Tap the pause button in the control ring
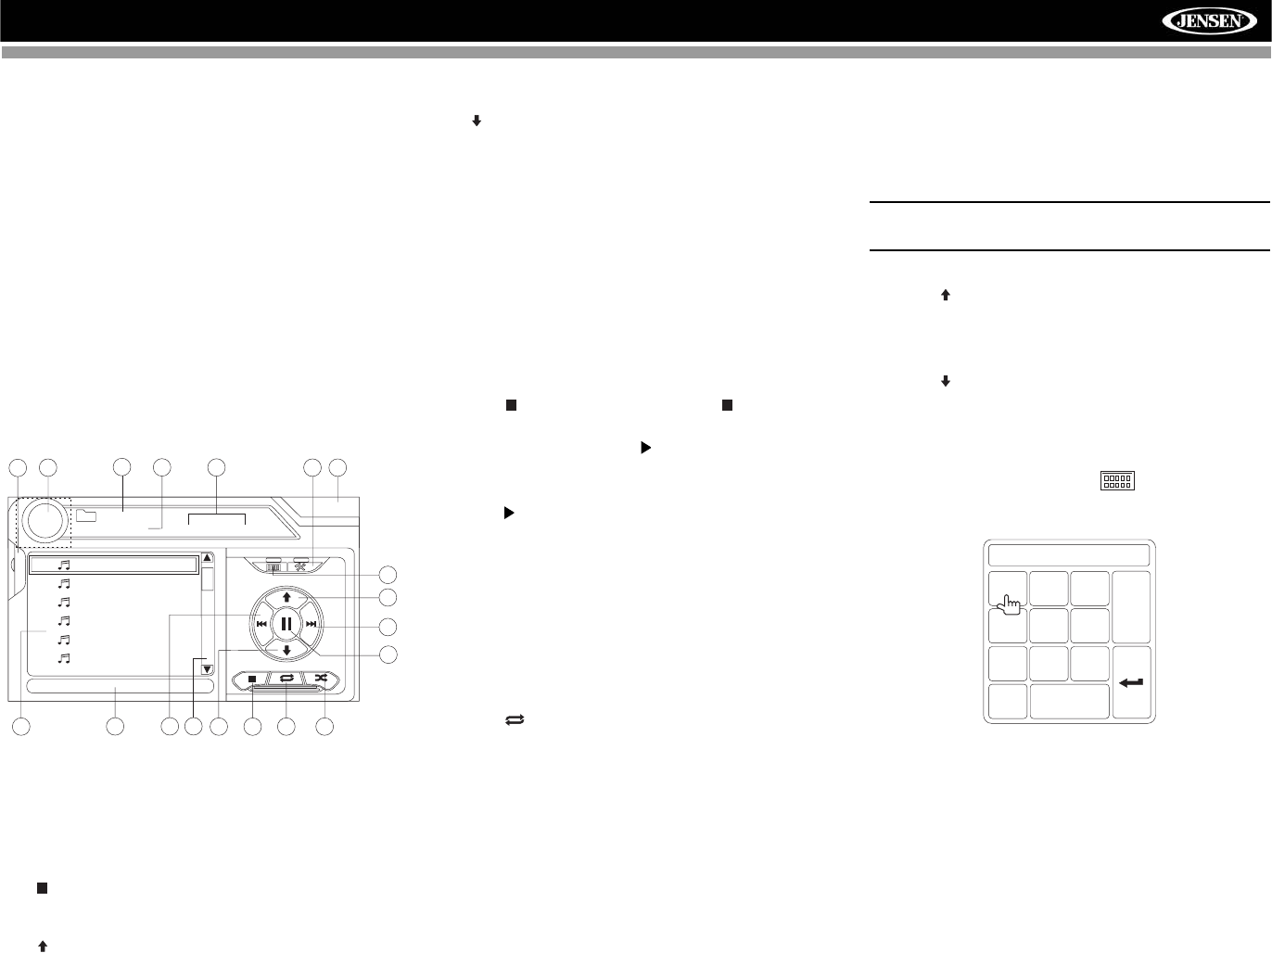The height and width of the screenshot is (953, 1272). point(286,624)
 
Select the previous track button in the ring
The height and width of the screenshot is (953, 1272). point(261,625)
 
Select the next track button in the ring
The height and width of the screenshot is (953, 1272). point(312,625)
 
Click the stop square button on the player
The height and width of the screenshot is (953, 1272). point(252,680)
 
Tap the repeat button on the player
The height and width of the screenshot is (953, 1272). point(286,680)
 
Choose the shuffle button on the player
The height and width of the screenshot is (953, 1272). point(321,680)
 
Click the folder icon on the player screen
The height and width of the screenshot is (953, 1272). point(86,516)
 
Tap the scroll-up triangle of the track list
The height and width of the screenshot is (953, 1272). point(207,558)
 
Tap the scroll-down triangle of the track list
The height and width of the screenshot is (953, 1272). point(207,669)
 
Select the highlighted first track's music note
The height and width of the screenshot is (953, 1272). point(64,564)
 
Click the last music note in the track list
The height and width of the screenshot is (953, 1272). point(64,658)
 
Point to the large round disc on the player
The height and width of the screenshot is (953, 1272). point(46,520)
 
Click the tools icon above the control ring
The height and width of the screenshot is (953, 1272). point(301,565)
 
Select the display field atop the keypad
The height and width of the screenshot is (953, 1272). point(1069,555)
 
